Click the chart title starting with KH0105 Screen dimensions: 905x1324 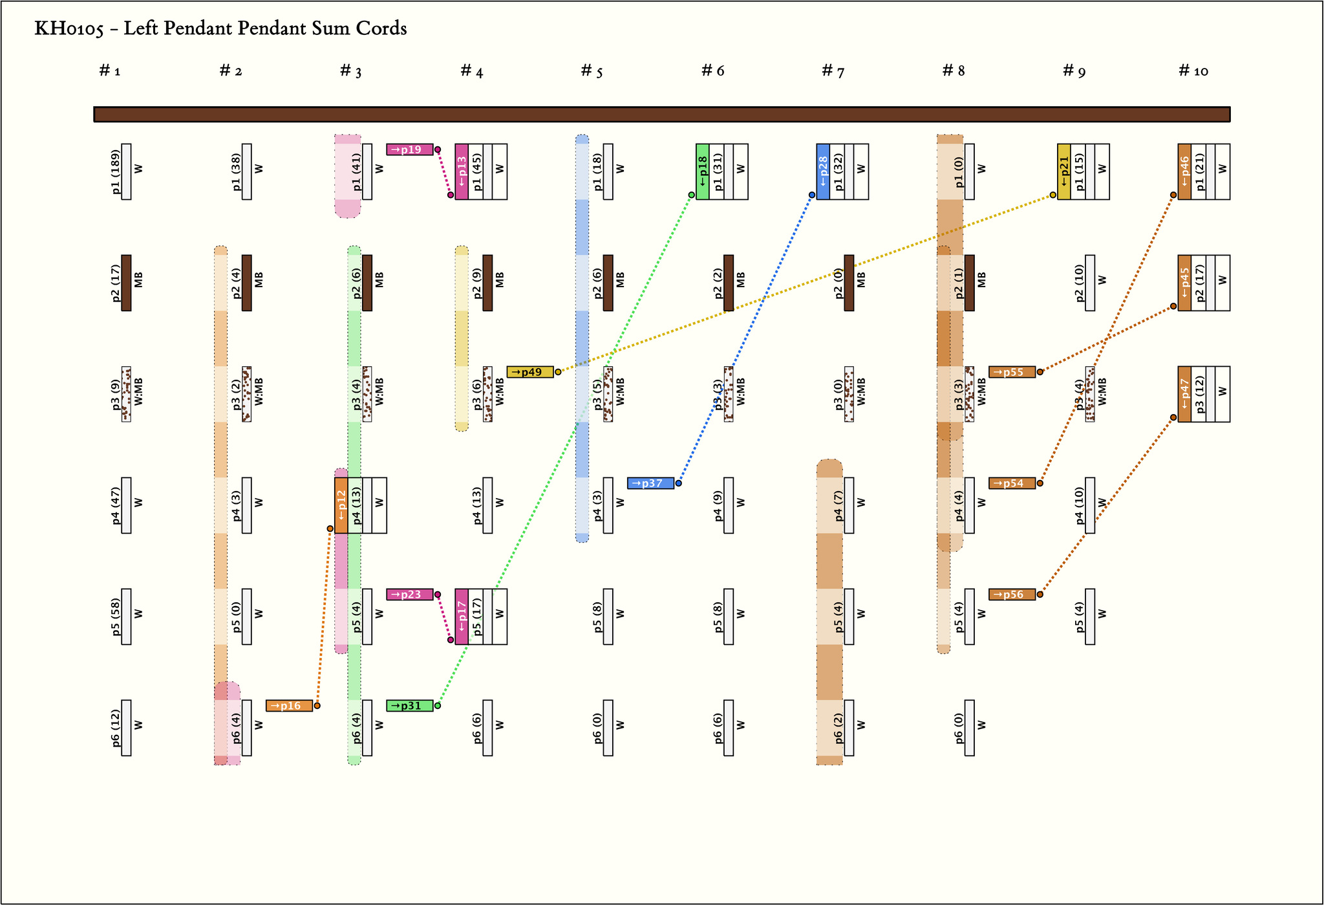(220, 29)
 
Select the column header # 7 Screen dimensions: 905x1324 (833, 71)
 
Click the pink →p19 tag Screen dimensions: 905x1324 (410, 149)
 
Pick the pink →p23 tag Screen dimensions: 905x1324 (410, 594)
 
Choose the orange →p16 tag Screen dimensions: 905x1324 (289, 706)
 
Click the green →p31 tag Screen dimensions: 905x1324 (410, 706)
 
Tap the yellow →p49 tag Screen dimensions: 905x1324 (530, 372)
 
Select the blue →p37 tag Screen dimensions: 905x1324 (650, 483)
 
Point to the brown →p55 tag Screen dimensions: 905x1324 (1012, 372)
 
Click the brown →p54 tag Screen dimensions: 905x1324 (1012, 483)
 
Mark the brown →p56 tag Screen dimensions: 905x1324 (1012, 594)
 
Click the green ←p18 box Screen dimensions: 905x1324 (703, 171)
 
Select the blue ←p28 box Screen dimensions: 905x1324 (823, 171)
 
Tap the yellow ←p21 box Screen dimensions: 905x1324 (1064, 171)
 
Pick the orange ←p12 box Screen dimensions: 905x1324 (341, 505)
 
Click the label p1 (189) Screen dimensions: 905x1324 (116, 172)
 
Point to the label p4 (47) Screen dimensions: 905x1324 (116, 506)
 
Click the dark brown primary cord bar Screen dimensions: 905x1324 (662, 114)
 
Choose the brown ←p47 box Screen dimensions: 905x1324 (1184, 394)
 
